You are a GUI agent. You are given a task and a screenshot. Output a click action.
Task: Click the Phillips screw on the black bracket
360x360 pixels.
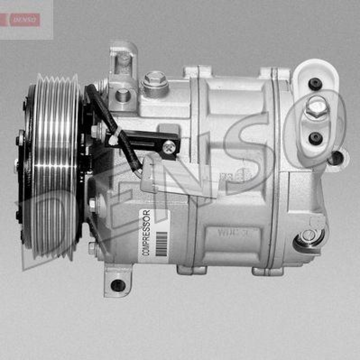(x=169, y=145)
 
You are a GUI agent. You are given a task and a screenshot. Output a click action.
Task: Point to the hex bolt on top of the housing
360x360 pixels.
(x=155, y=80)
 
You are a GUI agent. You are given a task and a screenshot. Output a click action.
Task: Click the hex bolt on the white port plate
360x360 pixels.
(x=317, y=108)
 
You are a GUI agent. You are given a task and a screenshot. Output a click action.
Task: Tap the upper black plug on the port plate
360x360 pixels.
(x=315, y=83)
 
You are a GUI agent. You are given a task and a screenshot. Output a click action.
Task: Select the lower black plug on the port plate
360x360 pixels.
(x=315, y=138)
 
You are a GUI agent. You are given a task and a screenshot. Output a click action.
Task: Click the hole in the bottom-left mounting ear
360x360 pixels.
(x=118, y=285)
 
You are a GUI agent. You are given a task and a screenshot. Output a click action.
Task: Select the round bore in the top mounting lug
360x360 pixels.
(x=122, y=95)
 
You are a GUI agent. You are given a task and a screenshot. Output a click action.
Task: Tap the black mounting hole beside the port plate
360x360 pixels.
(x=336, y=157)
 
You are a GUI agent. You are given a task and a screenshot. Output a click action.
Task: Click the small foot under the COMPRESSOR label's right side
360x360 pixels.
(x=191, y=270)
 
